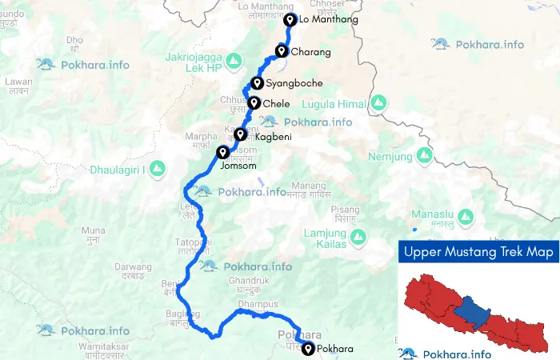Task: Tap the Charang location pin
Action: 282,52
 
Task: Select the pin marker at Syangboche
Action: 257,83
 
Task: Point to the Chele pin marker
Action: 254,103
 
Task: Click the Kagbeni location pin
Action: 240,135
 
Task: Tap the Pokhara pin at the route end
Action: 308,348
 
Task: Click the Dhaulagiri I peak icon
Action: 158,168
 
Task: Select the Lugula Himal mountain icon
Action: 379,103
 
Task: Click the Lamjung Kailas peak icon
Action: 360,238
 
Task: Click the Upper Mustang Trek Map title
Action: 478,252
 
